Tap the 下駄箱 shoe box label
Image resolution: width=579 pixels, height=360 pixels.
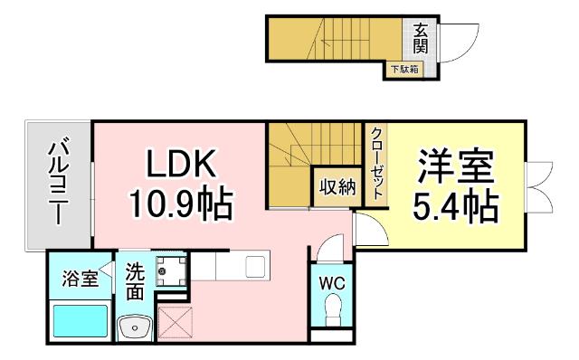point(403,69)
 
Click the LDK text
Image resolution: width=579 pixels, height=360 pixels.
point(180,164)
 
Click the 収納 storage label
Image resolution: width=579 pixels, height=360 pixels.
point(336,188)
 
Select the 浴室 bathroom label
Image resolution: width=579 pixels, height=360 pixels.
point(79,279)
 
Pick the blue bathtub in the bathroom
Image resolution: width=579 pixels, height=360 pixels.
point(79,321)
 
